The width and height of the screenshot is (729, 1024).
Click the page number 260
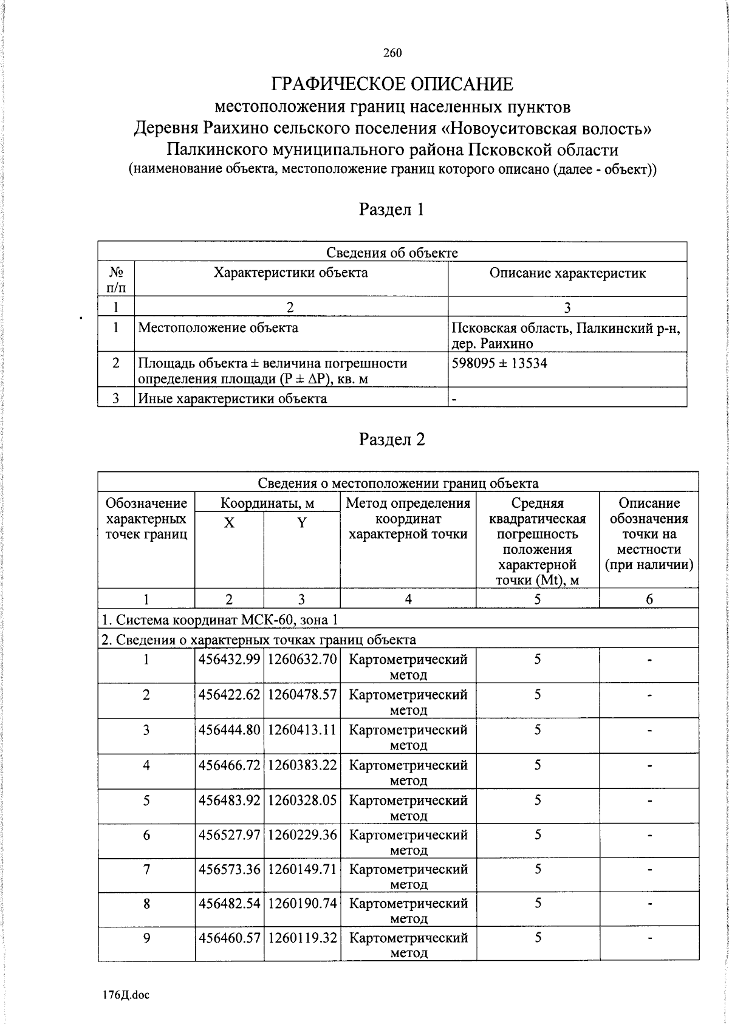(392, 53)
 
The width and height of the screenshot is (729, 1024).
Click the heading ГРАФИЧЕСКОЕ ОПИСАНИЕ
(392, 84)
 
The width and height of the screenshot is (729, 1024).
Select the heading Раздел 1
(392, 210)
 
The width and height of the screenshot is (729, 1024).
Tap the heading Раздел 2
(392, 440)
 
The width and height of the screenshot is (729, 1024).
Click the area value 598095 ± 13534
(499, 363)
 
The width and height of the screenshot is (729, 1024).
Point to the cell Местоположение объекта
(218, 328)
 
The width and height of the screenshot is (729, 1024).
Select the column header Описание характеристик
(567, 273)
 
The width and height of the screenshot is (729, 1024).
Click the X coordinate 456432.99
(229, 660)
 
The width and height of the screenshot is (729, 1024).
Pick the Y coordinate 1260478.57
(302, 695)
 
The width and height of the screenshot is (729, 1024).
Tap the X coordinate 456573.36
(229, 870)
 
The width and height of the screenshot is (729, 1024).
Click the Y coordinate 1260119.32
(302, 938)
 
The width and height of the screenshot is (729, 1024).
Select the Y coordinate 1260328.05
(302, 800)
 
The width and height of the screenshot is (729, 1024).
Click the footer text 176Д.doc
(126, 995)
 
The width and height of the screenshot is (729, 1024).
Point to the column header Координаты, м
(267, 503)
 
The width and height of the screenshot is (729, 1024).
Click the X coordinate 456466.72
(229, 765)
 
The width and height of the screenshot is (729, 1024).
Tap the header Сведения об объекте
(392, 253)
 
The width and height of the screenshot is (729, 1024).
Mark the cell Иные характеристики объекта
(233, 398)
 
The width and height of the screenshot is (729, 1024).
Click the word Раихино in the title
(233, 129)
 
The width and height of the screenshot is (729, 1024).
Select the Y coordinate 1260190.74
(302, 904)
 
